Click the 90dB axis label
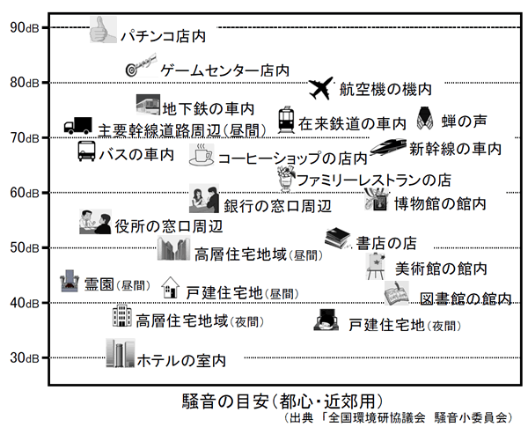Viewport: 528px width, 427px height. coord(24,27)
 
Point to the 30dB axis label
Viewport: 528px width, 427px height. coord(24,357)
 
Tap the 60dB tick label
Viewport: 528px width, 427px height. coord(24,193)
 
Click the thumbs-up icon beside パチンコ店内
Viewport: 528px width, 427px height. coord(103,31)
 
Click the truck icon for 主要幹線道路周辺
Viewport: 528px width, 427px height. coord(78,127)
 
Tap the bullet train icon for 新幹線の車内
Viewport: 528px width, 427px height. coord(388,146)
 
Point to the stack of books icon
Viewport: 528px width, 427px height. coord(339,237)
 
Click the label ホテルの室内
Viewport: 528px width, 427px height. coord(181,360)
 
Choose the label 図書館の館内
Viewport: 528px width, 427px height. coord(465,298)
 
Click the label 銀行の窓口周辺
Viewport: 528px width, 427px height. coord(277,206)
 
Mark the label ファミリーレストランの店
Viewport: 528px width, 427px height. coord(374,180)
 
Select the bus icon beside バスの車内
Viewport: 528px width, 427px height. coord(85,151)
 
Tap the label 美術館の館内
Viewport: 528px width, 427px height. coord(441,268)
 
